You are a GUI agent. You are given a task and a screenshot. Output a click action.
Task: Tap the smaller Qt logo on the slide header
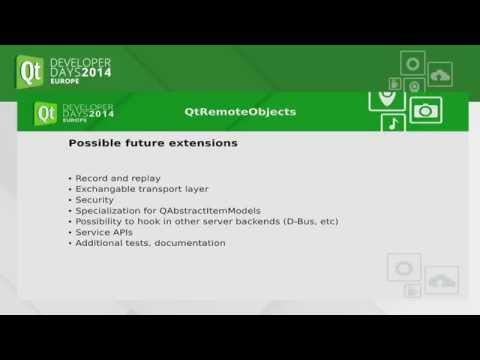pos(46,113)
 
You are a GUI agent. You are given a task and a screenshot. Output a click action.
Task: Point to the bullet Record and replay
pos(111,178)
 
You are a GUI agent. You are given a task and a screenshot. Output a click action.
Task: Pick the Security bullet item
pos(94,200)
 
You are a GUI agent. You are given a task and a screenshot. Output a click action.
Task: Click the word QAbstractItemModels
pos(213,210)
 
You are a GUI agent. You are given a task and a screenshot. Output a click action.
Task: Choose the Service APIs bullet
pos(105,232)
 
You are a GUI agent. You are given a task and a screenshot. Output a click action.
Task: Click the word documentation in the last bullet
pos(190,243)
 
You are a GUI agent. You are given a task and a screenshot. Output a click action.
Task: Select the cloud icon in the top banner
pos(440,74)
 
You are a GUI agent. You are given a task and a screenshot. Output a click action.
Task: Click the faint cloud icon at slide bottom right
pos(441,275)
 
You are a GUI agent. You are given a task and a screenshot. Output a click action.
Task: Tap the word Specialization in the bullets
pos(105,210)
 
